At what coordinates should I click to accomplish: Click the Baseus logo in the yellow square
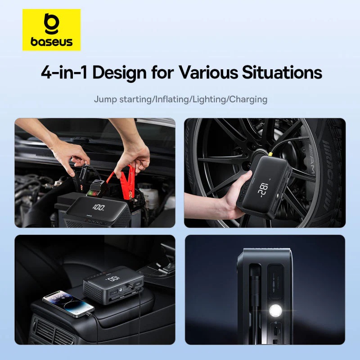(51, 30)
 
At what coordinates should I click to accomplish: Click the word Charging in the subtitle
(248, 99)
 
